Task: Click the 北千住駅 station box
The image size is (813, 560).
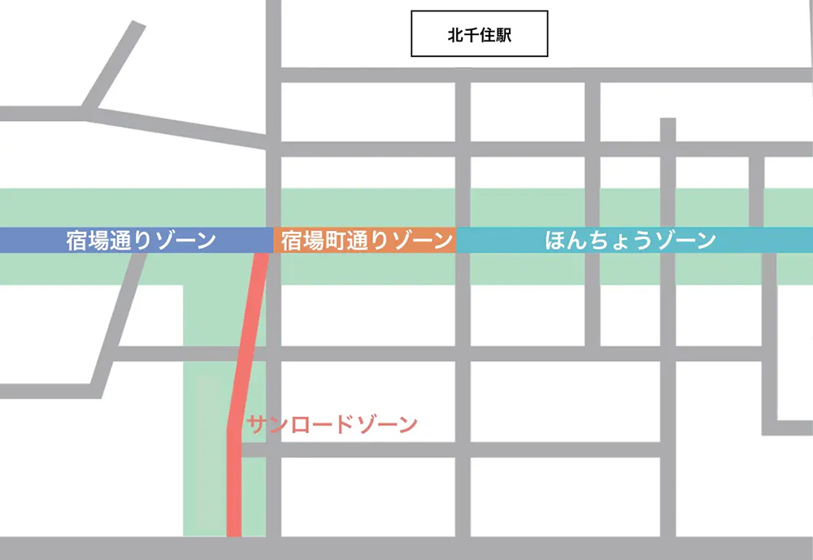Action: coord(480,34)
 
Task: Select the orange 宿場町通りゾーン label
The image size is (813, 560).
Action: coord(366,241)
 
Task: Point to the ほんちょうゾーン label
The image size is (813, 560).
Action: coord(631,241)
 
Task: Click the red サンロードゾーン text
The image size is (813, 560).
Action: coord(332,423)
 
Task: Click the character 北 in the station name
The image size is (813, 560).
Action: coord(455,35)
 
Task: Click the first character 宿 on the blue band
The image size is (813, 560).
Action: coord(77,241)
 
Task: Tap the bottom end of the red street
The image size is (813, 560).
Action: coord(234,532)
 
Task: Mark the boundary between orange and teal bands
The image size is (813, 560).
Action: coord(456,241)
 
